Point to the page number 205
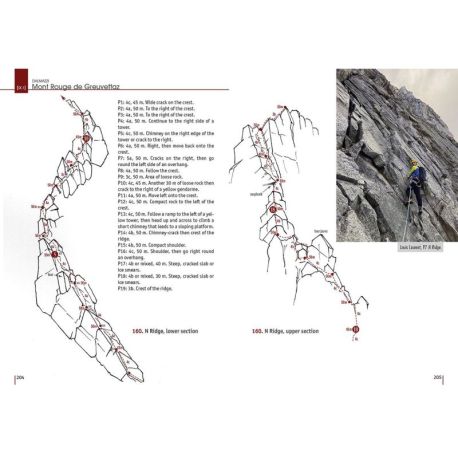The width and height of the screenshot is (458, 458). point(438,378)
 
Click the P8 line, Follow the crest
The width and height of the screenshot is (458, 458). point(147,169)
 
